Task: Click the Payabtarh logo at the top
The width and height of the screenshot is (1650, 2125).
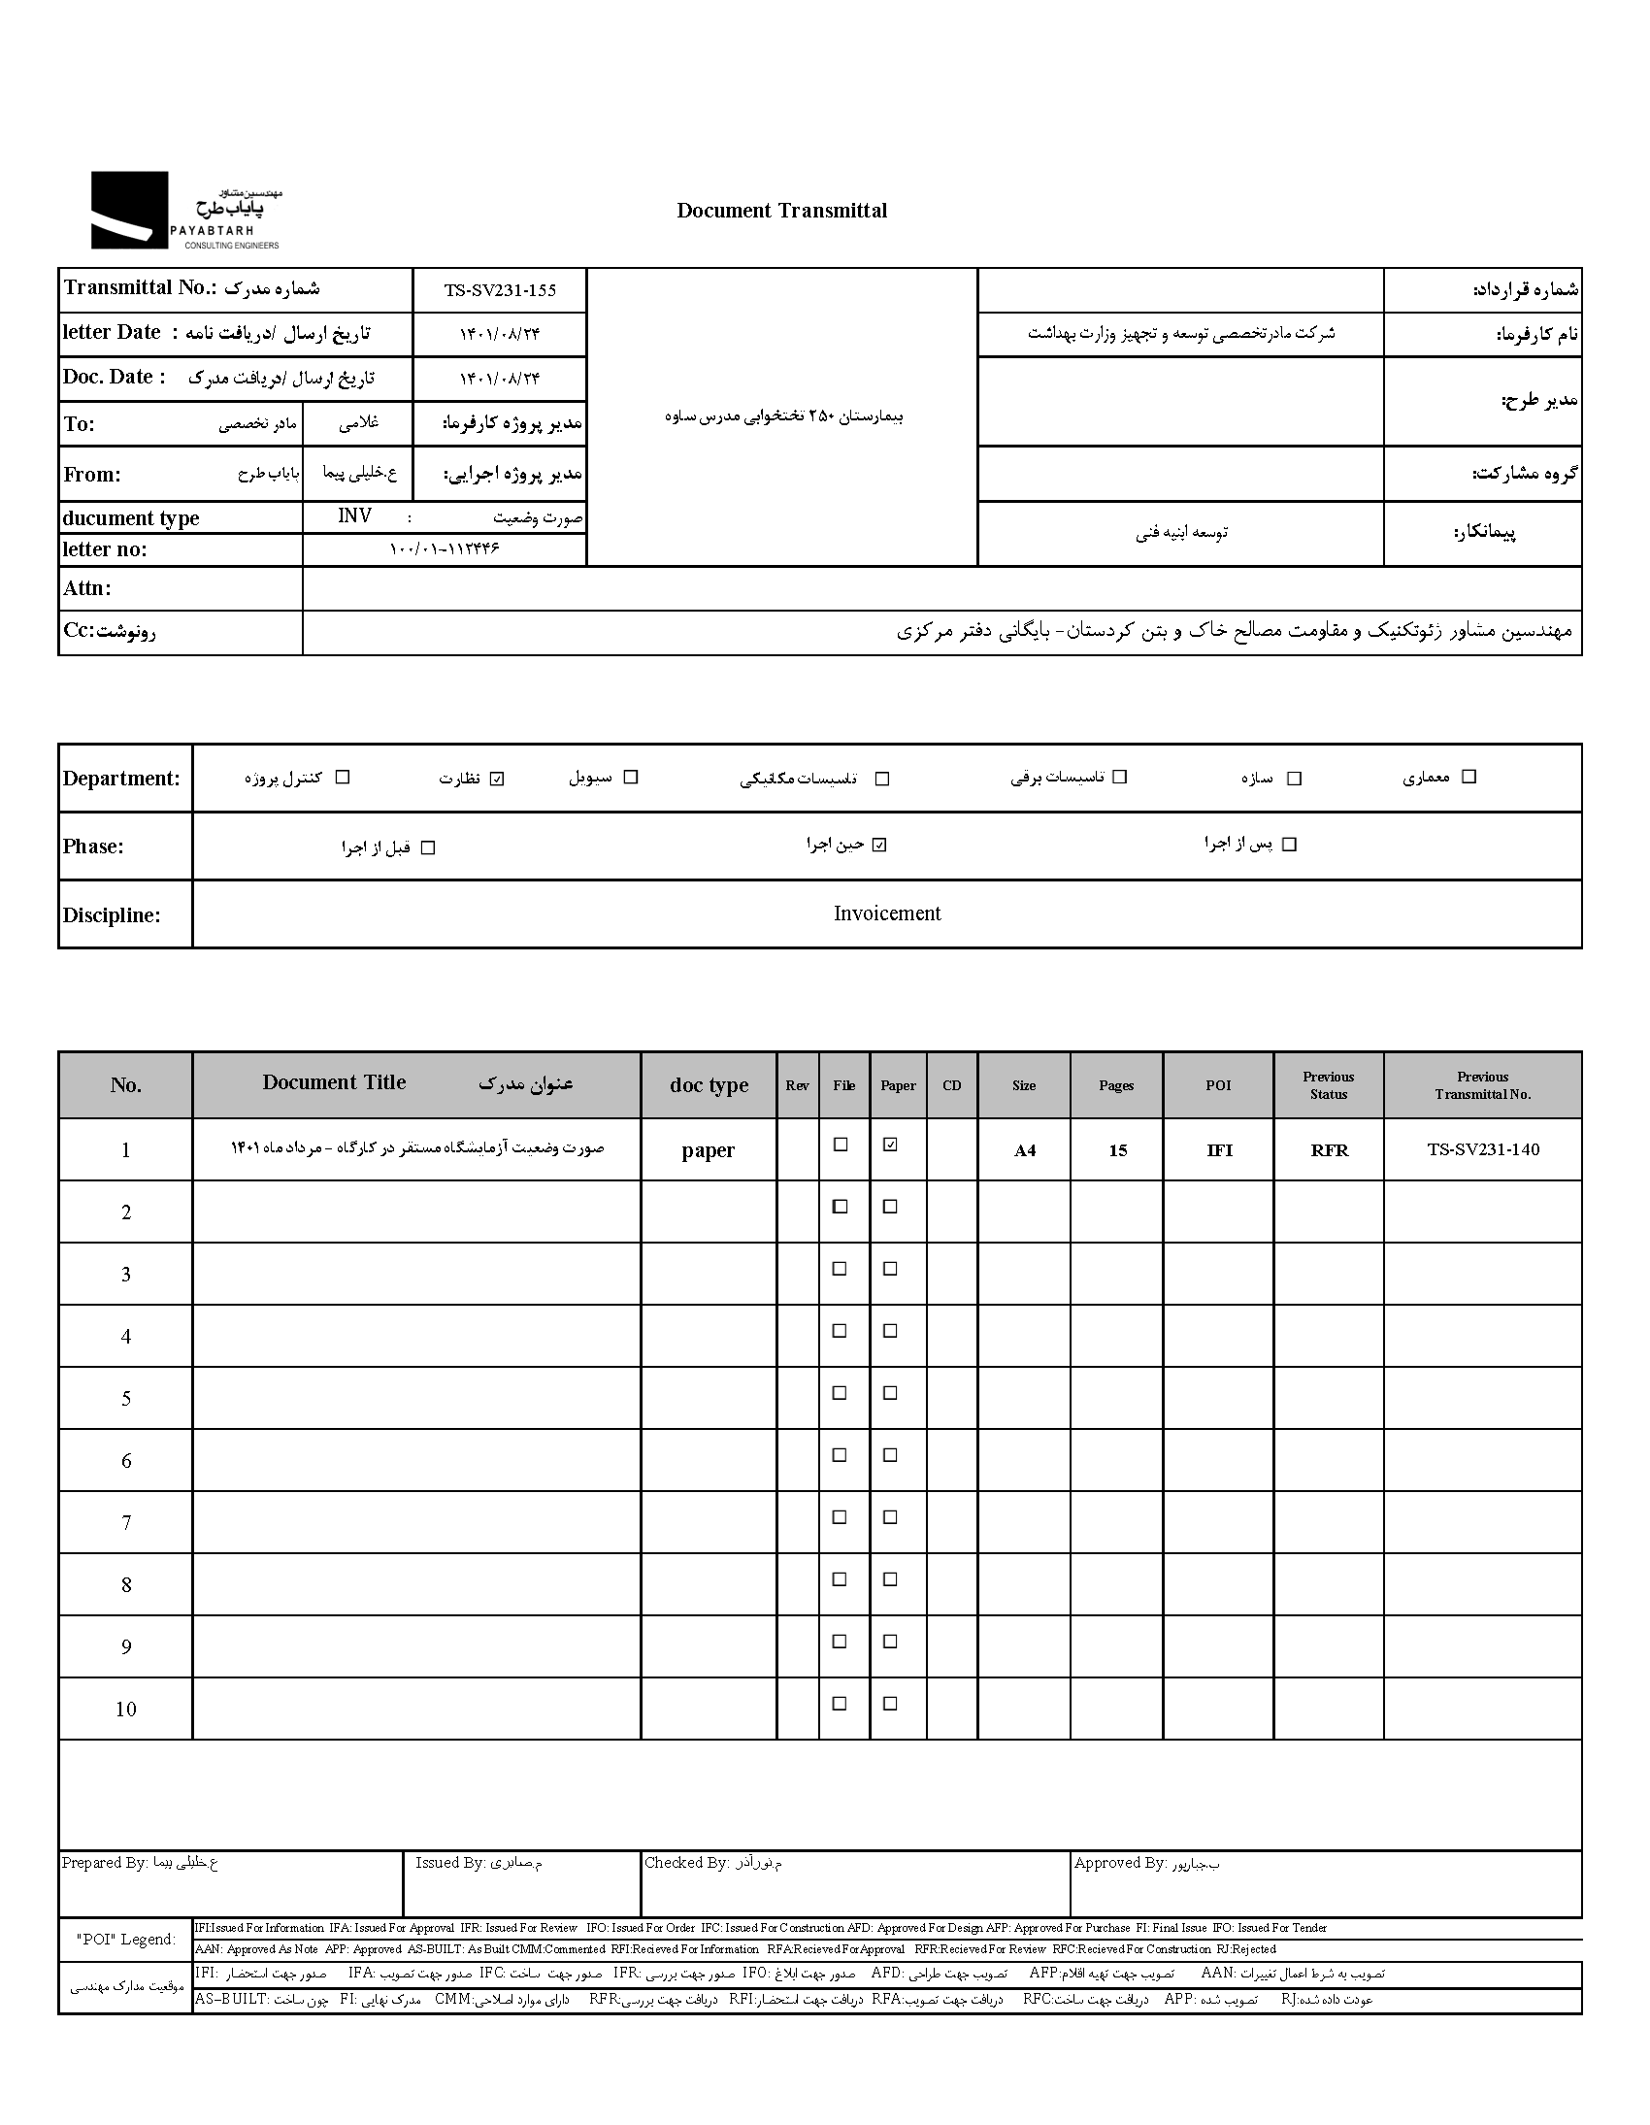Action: (184, 210)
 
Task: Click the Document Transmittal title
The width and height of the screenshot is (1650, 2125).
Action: (781, 210)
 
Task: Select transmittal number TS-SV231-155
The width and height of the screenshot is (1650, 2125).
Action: (500, 290)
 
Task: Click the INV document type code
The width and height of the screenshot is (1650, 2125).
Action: (354, 515)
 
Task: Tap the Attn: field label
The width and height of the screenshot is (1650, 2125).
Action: (87, 587)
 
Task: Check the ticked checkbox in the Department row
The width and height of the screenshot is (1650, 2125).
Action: (497, 779)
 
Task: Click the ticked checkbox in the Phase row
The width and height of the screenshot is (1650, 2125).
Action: (879, 845)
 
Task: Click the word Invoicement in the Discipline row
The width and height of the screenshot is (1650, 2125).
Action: (886, 913)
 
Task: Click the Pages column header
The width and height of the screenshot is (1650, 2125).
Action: (1116, 1085)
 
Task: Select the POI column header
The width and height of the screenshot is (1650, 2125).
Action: (1218, 1085)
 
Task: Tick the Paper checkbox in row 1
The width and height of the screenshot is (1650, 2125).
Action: (890, 1145)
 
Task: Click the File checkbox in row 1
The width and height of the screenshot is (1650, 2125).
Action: (841, 1145)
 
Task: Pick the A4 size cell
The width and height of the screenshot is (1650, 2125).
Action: (1024, 1150)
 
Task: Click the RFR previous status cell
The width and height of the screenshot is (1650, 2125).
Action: (1329, 1150)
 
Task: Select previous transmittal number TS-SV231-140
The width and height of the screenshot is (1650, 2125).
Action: (1483, 1149)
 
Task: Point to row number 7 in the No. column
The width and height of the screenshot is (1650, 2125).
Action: (125, 1523)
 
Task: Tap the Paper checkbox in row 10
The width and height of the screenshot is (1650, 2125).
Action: (890, 1704)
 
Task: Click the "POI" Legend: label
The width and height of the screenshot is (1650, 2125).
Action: (126, 1940)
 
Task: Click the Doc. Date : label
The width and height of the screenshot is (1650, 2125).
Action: (114, 377)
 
